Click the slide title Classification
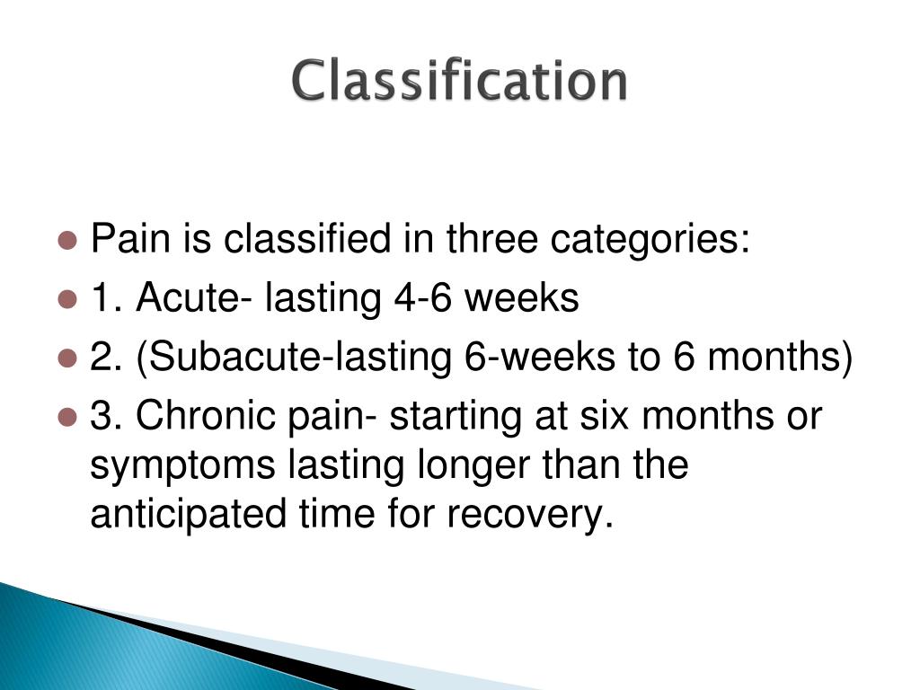point(459,81)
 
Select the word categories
point(650,241)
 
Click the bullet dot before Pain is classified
point(67,241)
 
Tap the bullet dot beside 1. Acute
point(67,300)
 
